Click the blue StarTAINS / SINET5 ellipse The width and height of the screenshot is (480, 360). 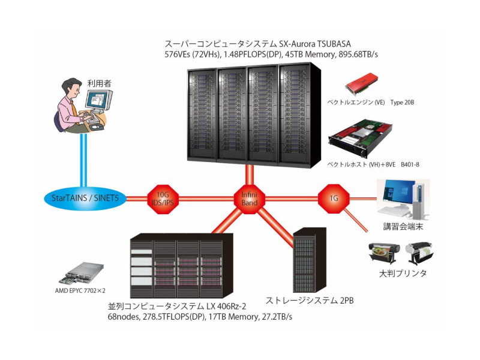pos(85,197)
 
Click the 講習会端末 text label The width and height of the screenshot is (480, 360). pos(404,227)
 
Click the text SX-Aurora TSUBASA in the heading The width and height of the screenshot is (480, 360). pos(315,44)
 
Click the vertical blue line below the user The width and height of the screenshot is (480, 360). pos(85,159)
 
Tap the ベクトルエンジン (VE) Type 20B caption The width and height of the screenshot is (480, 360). pos(370,103)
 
